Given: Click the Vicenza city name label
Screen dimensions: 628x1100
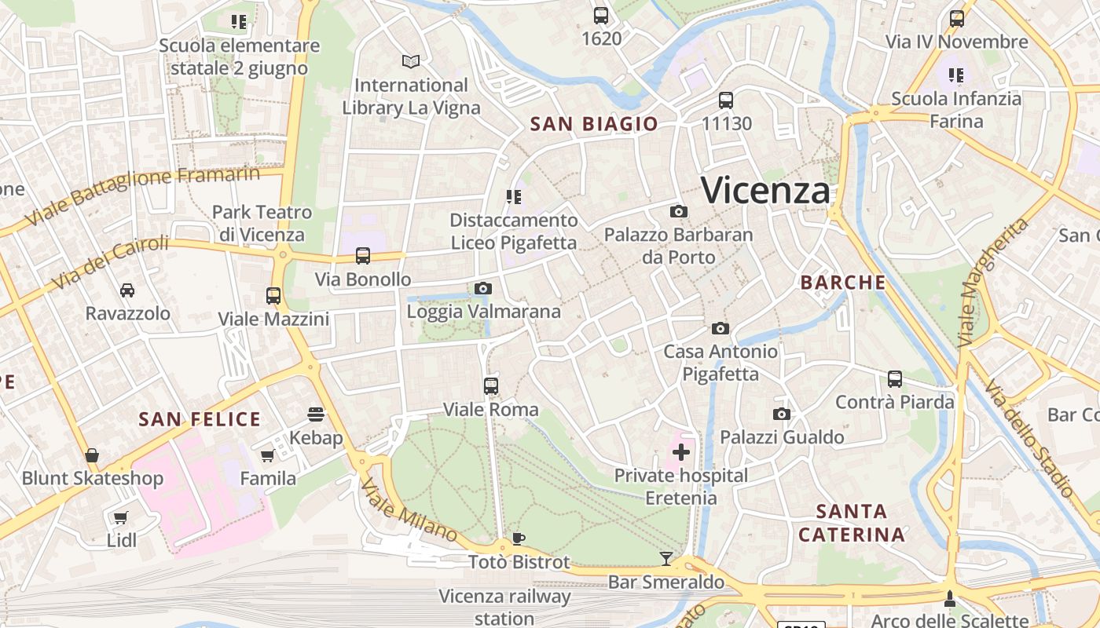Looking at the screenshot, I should click(765, 191).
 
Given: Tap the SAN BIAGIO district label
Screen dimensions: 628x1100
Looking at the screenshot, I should click(594, 124).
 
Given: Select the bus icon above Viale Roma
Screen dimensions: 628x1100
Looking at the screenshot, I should click(491, 386).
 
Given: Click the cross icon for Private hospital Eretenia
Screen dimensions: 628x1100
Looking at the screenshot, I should click(681, 452).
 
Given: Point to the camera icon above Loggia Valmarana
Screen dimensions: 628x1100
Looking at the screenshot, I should click(483, 289).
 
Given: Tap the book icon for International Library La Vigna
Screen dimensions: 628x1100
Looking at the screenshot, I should click(411, 61).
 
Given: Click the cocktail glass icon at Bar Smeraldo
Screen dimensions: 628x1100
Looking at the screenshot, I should click(666, 558).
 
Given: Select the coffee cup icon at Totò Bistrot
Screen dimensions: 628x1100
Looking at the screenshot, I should click(518, 539).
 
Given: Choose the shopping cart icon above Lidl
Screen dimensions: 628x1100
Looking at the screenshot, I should click(120, 517).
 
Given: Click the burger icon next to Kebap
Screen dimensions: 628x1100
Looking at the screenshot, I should click(316, 414).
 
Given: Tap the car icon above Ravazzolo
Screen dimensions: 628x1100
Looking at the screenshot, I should click(127, 290).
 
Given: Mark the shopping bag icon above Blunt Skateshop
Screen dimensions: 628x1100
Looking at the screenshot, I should click(92, 455).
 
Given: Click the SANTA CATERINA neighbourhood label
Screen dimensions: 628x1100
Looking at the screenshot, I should click(852, 524).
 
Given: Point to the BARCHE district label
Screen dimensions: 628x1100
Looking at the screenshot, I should click(843, 283).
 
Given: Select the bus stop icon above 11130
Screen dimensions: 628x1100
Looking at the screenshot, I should click(726, 100).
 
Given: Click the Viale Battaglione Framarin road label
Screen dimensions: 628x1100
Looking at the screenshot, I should click(143, 194).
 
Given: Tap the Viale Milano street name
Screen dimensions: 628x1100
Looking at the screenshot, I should click(409, 509).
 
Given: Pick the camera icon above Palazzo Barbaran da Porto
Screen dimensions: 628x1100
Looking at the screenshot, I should click(679, 212).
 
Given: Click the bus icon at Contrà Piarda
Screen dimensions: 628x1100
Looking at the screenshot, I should click(895, 379).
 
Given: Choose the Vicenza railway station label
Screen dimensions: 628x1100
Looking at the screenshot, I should click(504, 608).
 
